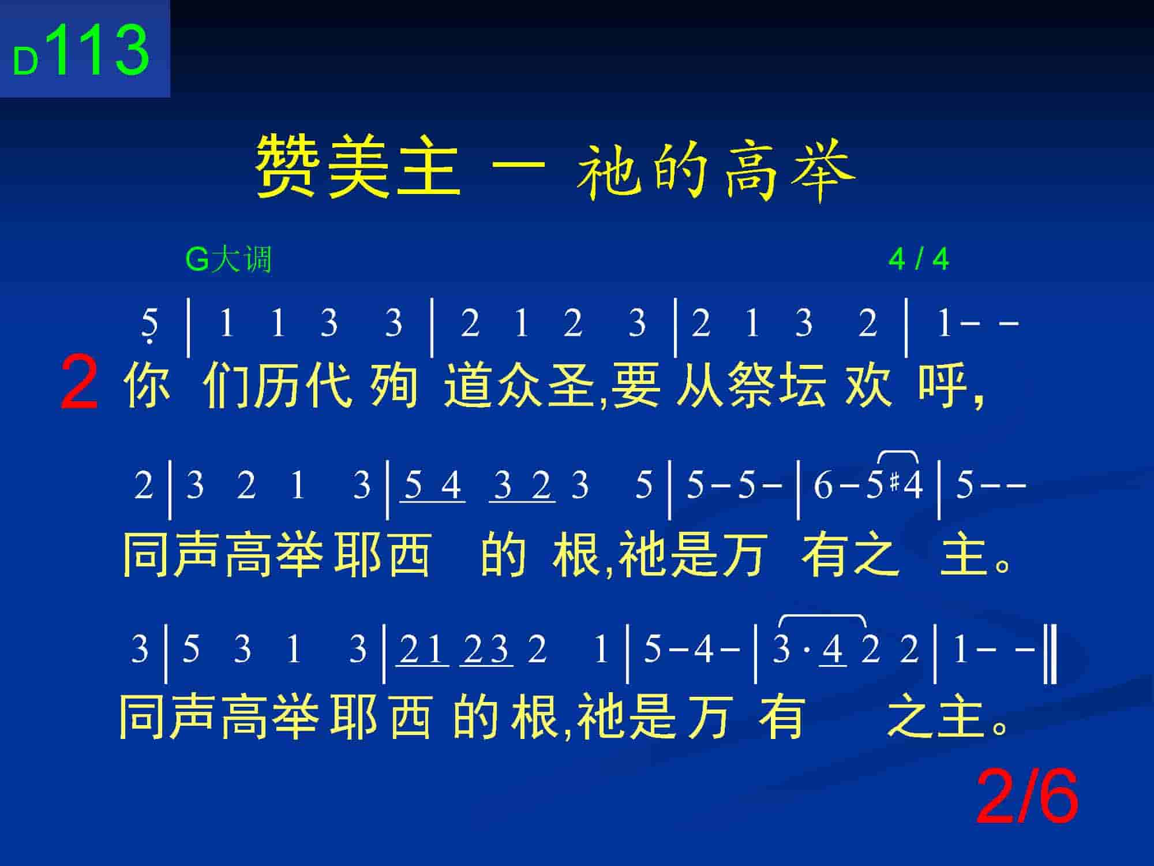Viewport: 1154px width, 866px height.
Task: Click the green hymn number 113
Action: (x=100, y=50)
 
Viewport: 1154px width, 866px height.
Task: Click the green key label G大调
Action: (x=228, y=259)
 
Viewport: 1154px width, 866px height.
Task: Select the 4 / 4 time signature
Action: (x=919, y=259)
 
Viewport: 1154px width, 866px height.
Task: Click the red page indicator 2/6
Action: (x=1026, y=797)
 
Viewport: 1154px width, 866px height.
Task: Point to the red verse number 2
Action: (x=79, y=383)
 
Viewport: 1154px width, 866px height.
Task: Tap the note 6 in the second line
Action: (x=823, y=485)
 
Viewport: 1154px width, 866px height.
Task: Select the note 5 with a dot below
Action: (x=149, y=326)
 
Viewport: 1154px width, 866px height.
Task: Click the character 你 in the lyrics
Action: (x=147, y=385)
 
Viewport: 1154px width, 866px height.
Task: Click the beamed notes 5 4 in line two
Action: (x=433, y=486)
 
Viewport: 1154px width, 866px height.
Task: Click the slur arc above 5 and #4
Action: (x=898, y=452)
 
